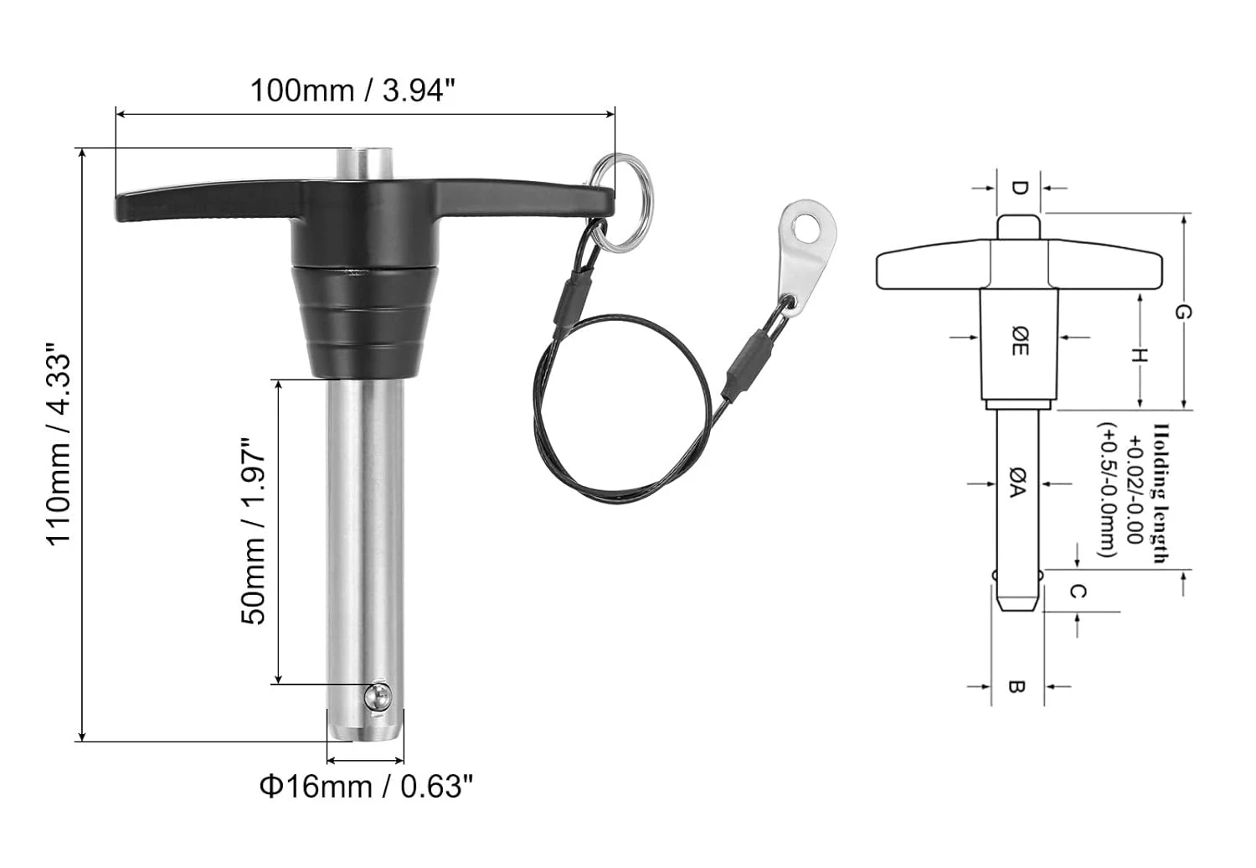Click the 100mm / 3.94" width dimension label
353,90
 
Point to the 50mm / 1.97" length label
254,531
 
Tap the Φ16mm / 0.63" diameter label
366,787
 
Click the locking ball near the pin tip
378,696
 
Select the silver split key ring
620,201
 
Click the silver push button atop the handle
365,163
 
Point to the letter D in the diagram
1019,188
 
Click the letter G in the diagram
1181,313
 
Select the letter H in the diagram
1138,356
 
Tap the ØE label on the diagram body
1018,341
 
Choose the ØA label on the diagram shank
1016,483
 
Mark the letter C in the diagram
1078,592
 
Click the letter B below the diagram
1017,687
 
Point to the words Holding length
1161,494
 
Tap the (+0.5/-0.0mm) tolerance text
1108,489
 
